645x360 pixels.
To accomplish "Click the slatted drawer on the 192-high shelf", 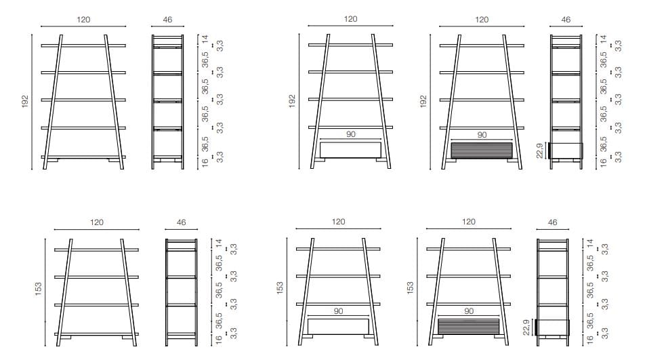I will [x=482, y=150].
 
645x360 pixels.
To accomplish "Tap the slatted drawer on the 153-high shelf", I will [x=468, y=326].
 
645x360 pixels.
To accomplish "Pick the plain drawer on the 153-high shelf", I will [x=338, y=326].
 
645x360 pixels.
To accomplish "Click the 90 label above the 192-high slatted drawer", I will [x=482, y=135].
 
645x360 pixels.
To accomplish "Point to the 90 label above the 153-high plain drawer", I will [x=338, y=311].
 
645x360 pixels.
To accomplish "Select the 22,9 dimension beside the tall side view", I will [x=539, y=150].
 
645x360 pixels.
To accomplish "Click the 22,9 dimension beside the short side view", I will [x=526, y=327].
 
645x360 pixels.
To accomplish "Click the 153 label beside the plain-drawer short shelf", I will [x=278, y=288].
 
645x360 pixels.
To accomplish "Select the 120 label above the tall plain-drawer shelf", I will [x=350, y=19].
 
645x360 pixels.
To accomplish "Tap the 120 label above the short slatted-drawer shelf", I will [x=468, y=222].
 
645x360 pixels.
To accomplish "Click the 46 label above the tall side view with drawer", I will [x=566, y=20].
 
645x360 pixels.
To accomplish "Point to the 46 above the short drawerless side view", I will [x=181, y=222].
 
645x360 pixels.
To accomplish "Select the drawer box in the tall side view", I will [x=566, y=150].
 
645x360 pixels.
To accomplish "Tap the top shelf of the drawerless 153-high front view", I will [x=97, y=249].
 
